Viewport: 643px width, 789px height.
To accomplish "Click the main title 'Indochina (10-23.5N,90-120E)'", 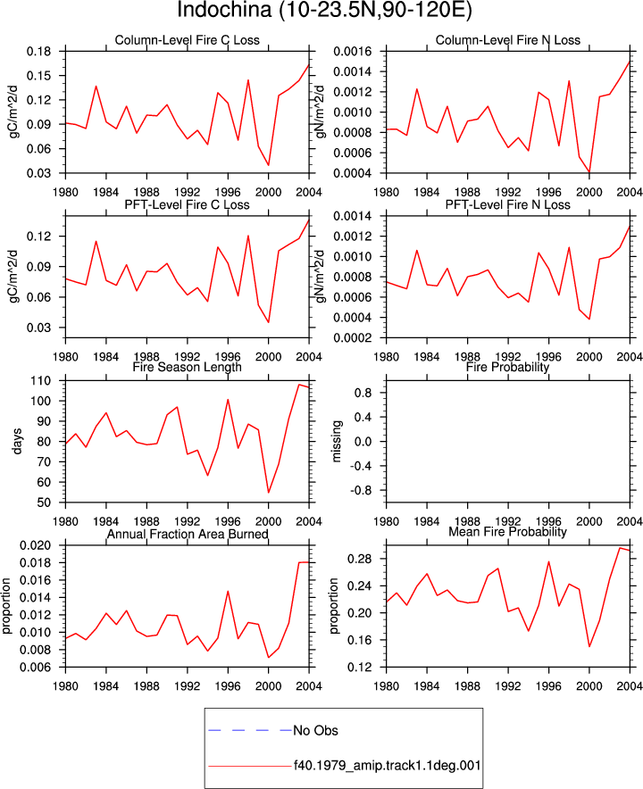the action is click(325, 10).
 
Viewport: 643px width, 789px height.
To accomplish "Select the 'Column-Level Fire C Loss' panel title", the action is click(188, 40).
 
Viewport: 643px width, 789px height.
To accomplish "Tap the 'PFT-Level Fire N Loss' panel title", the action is click(507, 204).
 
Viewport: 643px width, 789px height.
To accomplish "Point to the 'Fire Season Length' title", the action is click(188, 367).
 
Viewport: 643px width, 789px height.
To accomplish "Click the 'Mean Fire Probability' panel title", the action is click(507, 531).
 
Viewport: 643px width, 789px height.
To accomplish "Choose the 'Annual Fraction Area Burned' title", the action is click(188, 534).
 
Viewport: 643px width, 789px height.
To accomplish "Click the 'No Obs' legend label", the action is click(316, 730).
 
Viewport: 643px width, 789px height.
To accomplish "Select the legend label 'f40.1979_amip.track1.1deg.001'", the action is click(388, 766).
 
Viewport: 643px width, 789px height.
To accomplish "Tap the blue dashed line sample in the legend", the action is click(250, 730).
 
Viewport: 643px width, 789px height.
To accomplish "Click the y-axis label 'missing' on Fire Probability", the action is click(337, 441).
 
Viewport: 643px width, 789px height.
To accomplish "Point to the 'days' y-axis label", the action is click(17, 441).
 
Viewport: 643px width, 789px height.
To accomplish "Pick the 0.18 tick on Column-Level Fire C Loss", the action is click(38, 52).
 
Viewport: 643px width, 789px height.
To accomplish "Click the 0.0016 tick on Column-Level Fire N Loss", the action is click(353, 52).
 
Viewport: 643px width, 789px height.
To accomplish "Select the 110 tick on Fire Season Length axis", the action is click(41, 381).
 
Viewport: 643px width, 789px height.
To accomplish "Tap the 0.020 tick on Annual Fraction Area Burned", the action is click(36, 545).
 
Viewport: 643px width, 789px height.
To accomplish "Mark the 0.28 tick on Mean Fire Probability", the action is click(360, 559).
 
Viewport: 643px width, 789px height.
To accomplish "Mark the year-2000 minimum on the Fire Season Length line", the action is click(269, 493).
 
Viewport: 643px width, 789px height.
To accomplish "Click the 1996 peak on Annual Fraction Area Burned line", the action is click(228, 591).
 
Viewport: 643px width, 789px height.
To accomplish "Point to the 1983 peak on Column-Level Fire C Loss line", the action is click(96, 86).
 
